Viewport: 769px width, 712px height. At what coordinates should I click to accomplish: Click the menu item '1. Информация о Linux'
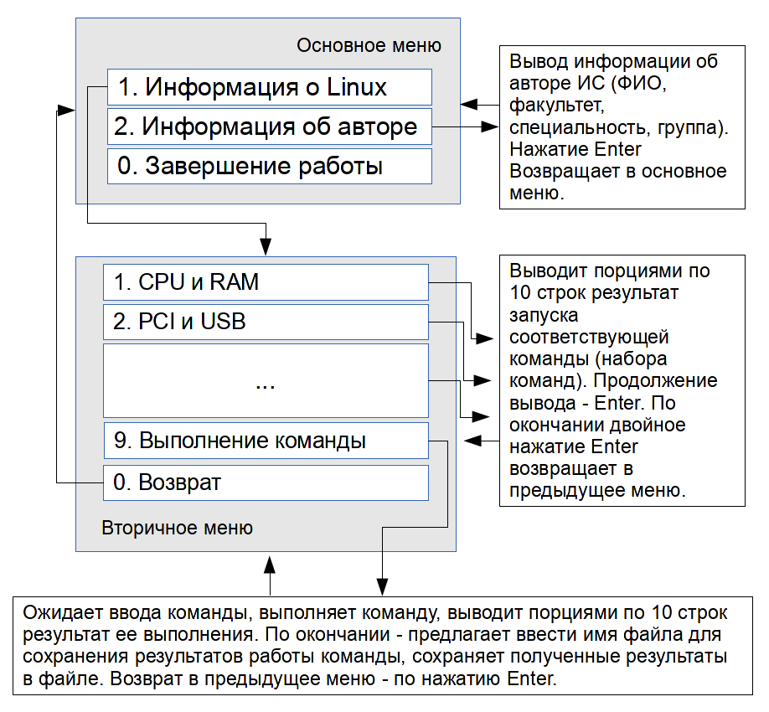(269, 87)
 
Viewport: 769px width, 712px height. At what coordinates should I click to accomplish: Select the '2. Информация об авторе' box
(269, 126)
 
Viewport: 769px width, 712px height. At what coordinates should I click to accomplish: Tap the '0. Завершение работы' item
(269, 166)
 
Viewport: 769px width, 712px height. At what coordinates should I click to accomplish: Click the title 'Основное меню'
(369, 45)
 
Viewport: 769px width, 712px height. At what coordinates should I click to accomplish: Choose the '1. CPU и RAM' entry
(266, 282)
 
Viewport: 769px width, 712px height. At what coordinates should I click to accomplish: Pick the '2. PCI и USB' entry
(266, 322)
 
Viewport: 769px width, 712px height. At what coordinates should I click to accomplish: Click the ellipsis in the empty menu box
(266, 386)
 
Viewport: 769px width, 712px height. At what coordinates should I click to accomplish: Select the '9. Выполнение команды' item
(266, 441)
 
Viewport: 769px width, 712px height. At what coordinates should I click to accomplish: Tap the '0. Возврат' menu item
(266, 482)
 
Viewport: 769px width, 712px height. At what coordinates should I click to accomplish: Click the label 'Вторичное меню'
(177, 528)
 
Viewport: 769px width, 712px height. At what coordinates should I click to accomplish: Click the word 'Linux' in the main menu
(357, 87)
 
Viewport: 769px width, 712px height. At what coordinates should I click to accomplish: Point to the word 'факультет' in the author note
(556, 106)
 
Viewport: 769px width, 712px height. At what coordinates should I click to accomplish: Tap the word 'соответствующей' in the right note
(589, 337)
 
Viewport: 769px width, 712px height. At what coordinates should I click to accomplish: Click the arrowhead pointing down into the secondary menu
(266, 246)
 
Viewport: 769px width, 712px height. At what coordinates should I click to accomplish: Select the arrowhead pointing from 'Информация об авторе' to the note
(489, 126)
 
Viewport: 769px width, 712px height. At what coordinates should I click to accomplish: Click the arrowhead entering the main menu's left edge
(66, 110)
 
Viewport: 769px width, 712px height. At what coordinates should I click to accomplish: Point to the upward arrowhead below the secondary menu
(269, 565)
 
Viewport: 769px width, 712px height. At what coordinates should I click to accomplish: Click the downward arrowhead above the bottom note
(383, 587)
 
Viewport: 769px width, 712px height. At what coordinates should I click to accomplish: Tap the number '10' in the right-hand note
(520, 293)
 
